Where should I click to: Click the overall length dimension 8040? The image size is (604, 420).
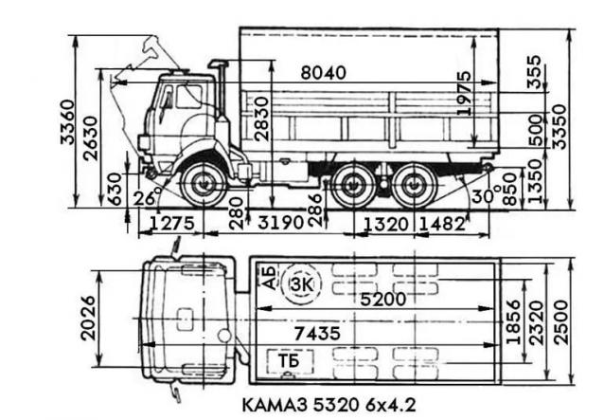coord(323,72)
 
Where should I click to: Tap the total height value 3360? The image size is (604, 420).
coord(67,122)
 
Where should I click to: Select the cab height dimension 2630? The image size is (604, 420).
coord(91,138)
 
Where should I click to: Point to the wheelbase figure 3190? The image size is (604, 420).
coord(281,223)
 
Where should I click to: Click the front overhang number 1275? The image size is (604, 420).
coord(171,223)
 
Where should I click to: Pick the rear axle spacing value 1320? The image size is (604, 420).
coord(386,224)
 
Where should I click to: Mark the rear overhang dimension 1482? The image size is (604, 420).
coord(442,224)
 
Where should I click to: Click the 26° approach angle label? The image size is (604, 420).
coord(147,197)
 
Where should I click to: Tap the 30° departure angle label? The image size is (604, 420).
coord(486,194)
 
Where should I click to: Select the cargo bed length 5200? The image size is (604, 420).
coord(382,299)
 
